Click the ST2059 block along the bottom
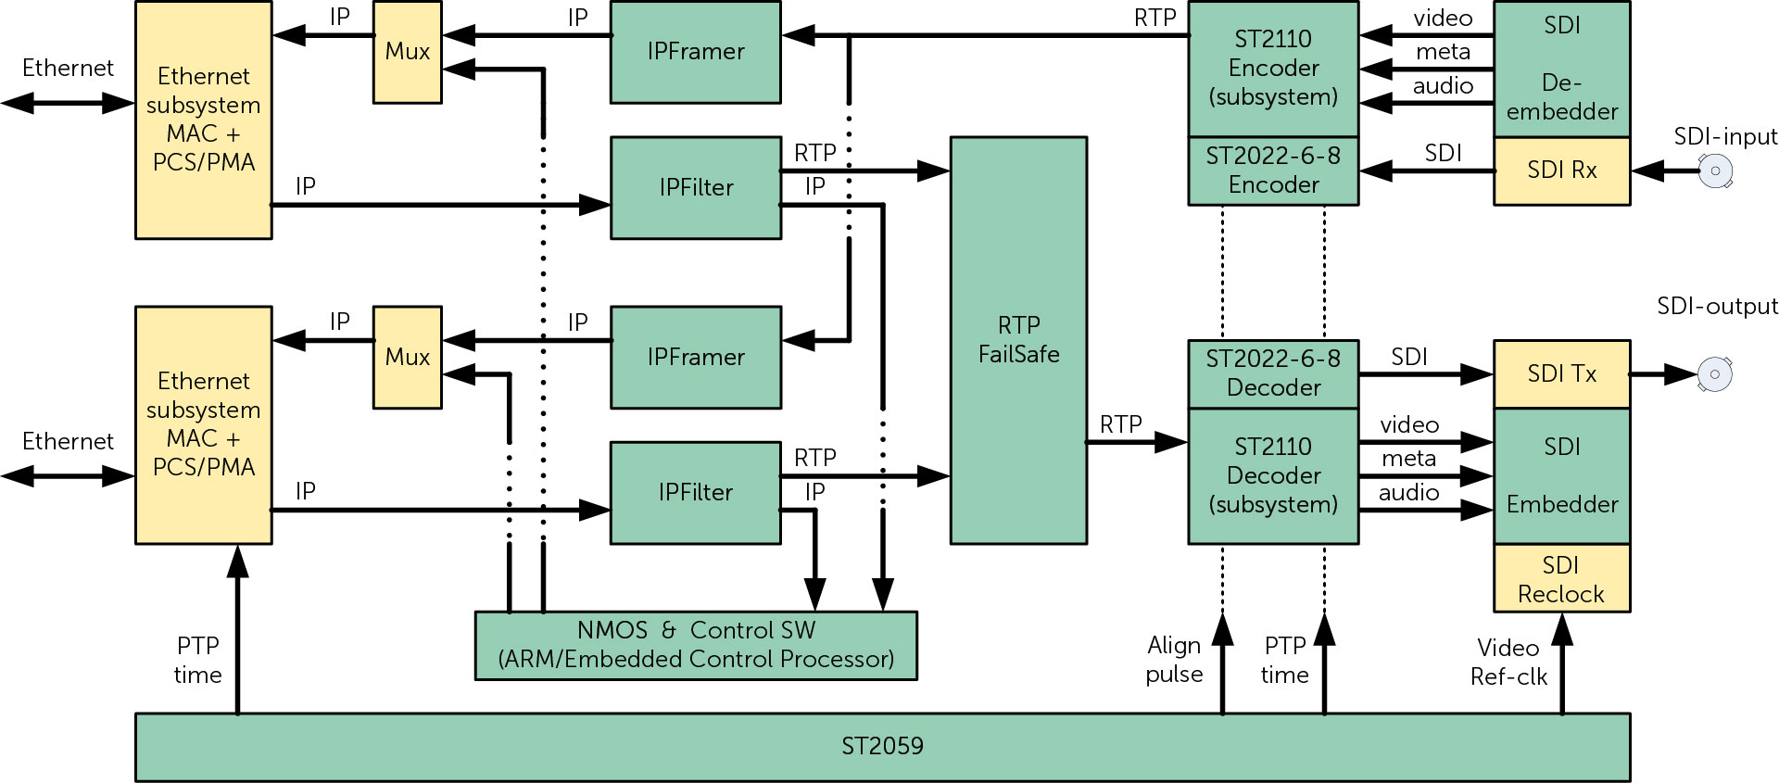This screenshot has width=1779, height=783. point(882,747)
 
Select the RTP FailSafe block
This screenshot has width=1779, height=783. point(1018,340)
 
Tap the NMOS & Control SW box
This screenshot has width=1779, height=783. point(696,645)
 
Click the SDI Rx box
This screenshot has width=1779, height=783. point(1561,170)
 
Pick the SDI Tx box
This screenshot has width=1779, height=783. point(1561,374)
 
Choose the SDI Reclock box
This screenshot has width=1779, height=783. point(1561,579)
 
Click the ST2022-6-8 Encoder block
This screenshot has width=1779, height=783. point(1273,170)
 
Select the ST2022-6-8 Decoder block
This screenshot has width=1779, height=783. point(1273,373)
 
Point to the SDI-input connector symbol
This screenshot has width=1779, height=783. point(1715,171)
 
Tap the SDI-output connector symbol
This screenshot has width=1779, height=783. point(1715,374)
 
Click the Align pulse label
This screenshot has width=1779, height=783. point(1174,660)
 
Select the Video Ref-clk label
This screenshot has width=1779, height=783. point(1508,663)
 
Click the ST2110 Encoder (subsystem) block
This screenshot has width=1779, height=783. point(1273,69)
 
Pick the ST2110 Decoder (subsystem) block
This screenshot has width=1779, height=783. point(1273,476)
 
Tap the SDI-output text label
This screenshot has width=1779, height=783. point(1717,307)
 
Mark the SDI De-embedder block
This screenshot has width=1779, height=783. point(1561,69)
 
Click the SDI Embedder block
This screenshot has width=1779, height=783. point(1561,476)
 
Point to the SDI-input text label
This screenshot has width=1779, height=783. point(1725,137)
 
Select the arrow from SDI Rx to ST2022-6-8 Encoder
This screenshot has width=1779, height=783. point(1427,171)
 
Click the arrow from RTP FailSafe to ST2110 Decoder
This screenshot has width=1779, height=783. point(1137,443)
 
